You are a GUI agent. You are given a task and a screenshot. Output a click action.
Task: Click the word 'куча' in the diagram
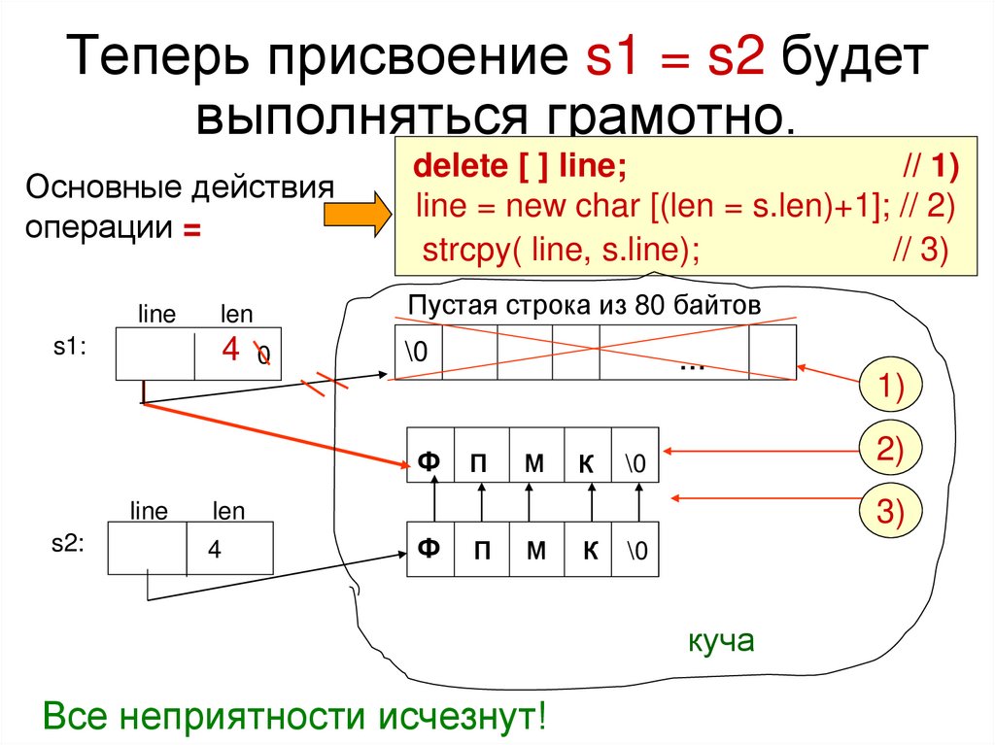tap(720, 642)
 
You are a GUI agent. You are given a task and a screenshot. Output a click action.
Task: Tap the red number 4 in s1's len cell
tap(230, 349)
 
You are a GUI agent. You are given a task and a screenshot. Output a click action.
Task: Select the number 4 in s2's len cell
tap(214, 550)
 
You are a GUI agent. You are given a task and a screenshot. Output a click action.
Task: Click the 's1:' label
tap(70, 348)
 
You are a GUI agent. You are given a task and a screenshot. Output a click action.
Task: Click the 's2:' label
tap(68, 545)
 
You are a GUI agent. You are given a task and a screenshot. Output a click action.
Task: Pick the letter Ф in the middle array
tap(429, 463)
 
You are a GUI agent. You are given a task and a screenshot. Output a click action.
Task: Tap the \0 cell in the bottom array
tap(636, 552)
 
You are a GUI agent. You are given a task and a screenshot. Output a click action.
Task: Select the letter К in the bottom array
tap(590, 552)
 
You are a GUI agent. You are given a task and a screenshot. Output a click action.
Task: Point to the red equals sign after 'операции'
tap(191, 230)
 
